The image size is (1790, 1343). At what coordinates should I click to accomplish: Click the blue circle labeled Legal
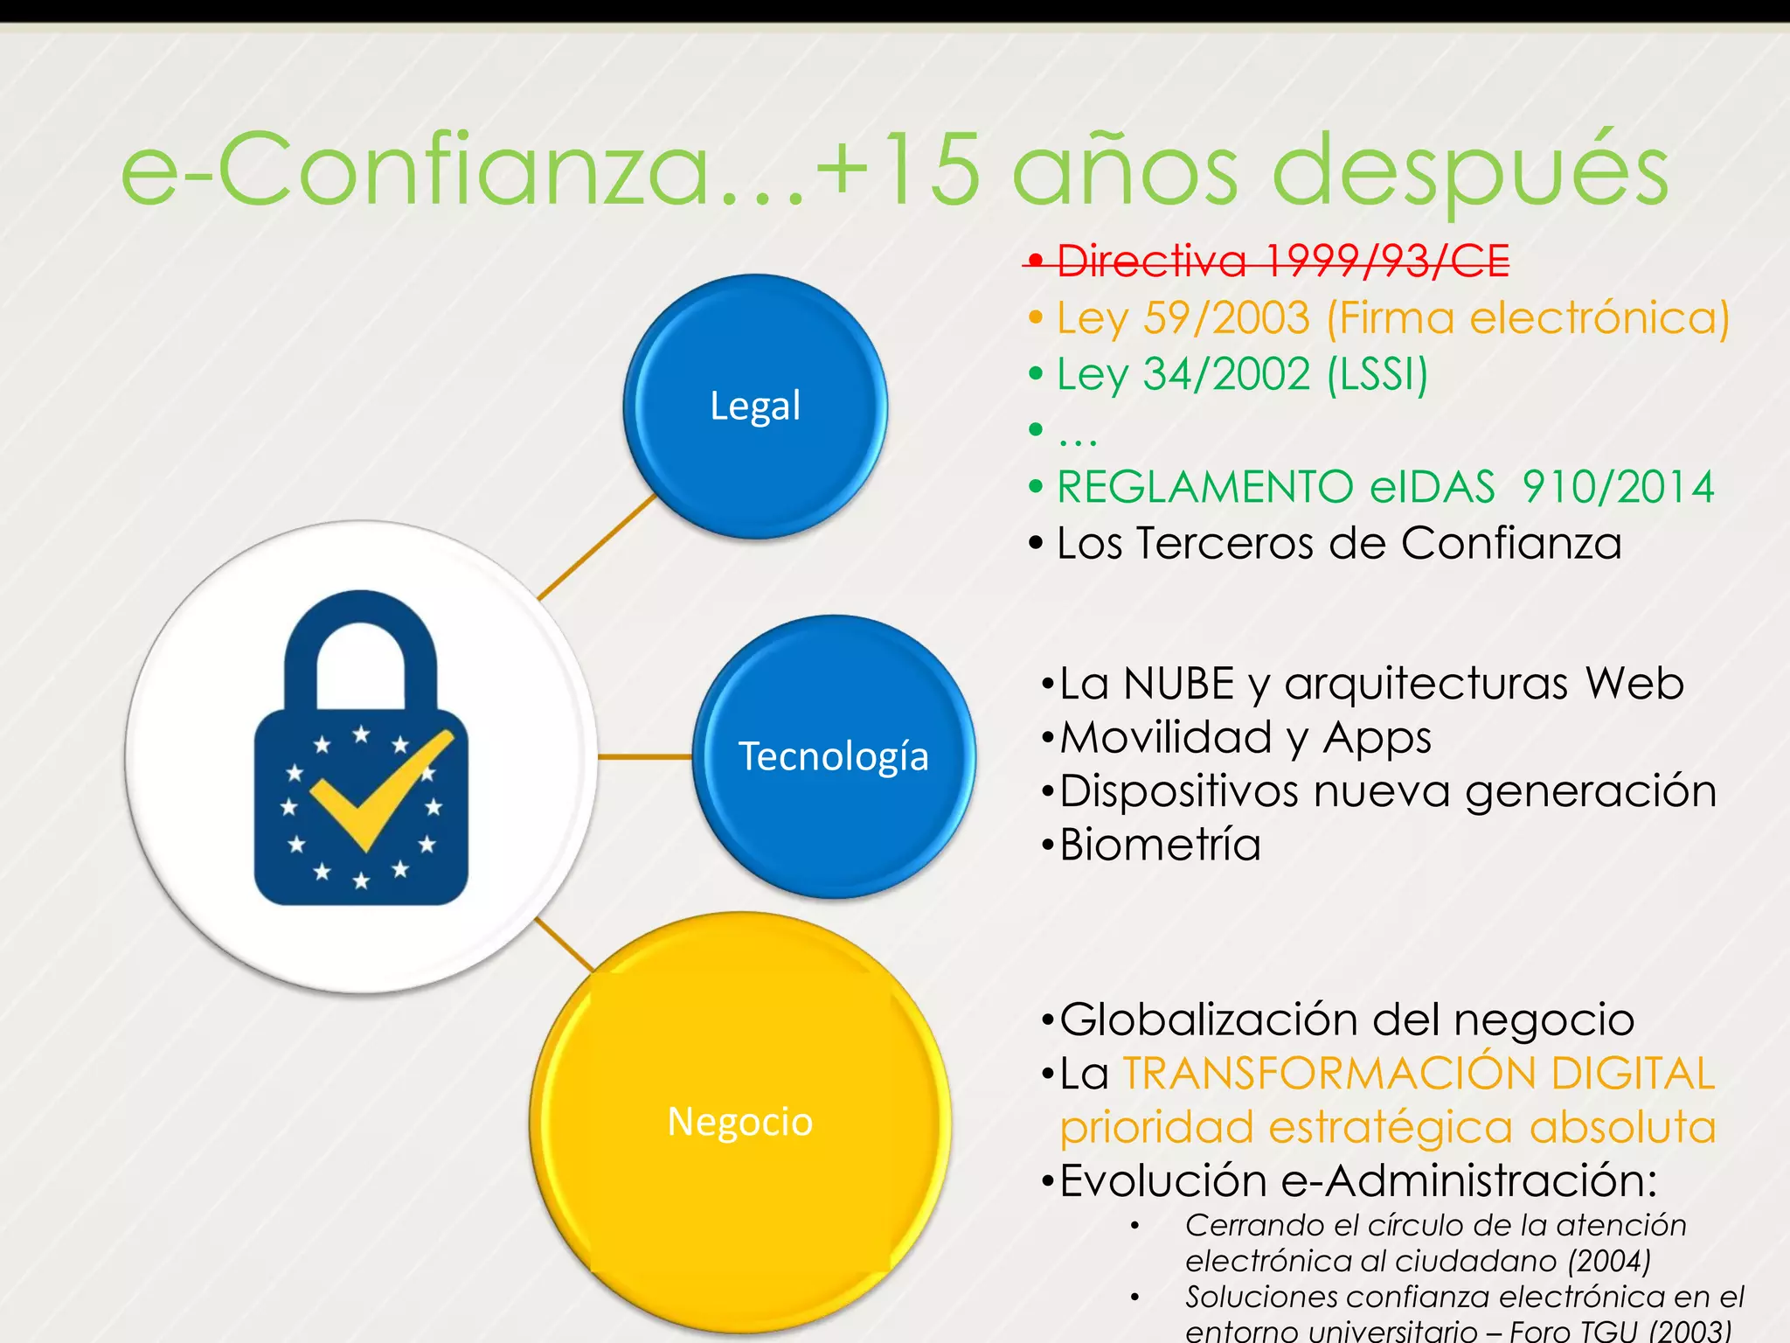(x=755, y=406)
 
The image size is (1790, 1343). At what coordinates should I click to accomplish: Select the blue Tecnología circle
(x=834, y=756)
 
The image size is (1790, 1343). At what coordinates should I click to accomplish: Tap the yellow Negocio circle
(x=740, y=1122)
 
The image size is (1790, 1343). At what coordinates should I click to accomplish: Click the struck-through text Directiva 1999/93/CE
(x=1283, y=261)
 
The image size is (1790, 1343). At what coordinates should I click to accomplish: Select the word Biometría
(x=1160, y=845)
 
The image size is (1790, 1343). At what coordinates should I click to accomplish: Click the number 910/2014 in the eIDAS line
(x=1618, y=487)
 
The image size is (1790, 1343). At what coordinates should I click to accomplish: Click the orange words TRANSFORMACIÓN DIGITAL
(x=1419, y=1074)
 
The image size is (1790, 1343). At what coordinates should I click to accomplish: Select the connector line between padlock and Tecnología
(x=645, y=756)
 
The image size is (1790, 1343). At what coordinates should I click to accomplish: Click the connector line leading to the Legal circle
(x=596, y=547)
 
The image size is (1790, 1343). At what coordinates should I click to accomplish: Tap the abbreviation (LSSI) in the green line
(x=1377, y=374)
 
